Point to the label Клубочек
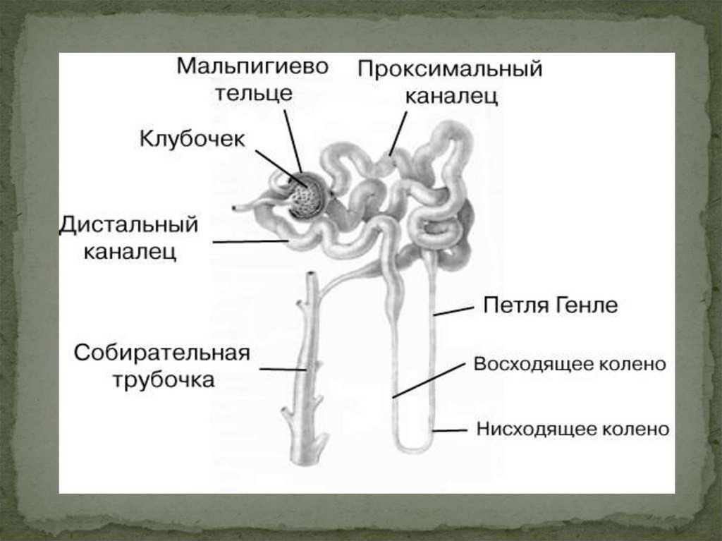click(192, 138)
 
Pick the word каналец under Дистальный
click(130, 252)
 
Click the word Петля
click(515, 306)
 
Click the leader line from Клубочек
click(279, 168)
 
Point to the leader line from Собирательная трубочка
click(282, 368)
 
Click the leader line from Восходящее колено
click(430, 380)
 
